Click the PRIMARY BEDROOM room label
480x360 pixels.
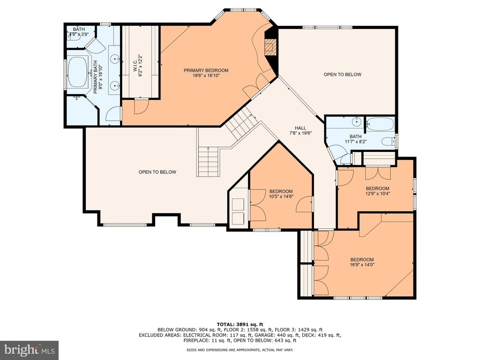(x=206, y=70)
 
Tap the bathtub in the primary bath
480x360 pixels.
(x=78, y=72)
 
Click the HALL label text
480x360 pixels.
(x=300, y=128)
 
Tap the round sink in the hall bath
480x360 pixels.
(x=357, y=121)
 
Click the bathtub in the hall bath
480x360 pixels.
(x=380, y=125)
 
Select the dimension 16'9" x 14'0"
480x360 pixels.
(x=362, y=265)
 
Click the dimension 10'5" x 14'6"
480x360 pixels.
(x=281, y=196)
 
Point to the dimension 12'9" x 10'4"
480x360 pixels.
(x=378, y=193)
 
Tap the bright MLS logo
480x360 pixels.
(x=30, y=350)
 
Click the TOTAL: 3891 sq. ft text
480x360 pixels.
(x=240, y=324)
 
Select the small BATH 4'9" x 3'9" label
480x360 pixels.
(x=79, y=32)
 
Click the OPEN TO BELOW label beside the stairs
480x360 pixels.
(x=157, y=172)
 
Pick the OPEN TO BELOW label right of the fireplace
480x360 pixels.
(x=343, y=75)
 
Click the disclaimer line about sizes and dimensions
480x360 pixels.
(x=240, y=350)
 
